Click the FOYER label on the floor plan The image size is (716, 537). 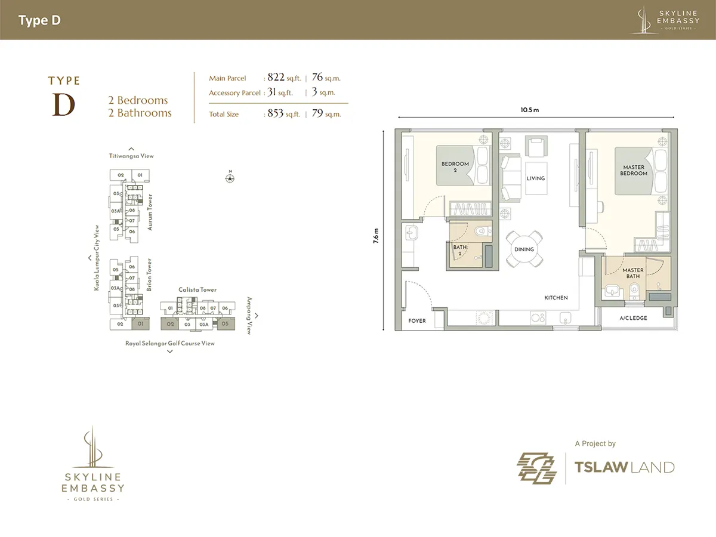coord(417,321)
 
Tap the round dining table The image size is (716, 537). coord(524,249)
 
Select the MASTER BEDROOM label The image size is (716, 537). coord(634,170)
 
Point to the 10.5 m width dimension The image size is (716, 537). coord(530,110)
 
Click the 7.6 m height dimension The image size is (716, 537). coord(376,236)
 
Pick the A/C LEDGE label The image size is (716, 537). coord(633,318)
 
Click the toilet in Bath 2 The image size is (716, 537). coord(482,232)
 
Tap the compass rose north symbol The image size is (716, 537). coord(230,178)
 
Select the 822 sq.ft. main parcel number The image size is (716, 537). coord(276,78)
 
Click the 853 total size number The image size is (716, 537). coord(275,113)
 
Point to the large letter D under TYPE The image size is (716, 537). coord(64,105)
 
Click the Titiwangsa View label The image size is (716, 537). coord(131,156)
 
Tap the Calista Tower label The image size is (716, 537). coord(197,289)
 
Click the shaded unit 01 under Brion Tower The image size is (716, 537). coord(141,324)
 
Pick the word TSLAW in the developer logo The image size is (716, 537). coord(601,467)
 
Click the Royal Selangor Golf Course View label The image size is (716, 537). coord(170,343)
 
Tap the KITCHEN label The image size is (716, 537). coord(556,298)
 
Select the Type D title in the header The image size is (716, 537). coord(39,20)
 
